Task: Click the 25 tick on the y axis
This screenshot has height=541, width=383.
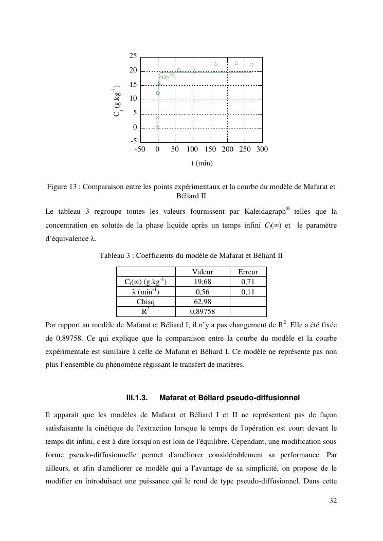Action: coord(133,55)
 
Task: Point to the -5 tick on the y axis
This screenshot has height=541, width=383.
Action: coord(133,141)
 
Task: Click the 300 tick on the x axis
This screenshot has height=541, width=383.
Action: coord(262,149)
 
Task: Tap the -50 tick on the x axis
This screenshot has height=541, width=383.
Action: coord(140,149)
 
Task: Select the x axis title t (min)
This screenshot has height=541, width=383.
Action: coord(202,163)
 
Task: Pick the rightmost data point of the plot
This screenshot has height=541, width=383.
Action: coord(251,65)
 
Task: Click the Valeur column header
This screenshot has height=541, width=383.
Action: coord(203,272)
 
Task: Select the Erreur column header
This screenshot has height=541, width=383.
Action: coord(248,272)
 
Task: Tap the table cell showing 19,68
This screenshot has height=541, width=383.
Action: coord(203,282)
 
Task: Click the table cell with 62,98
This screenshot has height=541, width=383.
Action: coord(203,302)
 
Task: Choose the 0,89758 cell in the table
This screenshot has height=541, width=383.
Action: coord(203,311)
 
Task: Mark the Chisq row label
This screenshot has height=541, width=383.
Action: coord(145,302)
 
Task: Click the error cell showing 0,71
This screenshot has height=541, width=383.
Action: coord(248,282)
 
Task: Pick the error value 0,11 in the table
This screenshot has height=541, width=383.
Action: coord(248,292)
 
